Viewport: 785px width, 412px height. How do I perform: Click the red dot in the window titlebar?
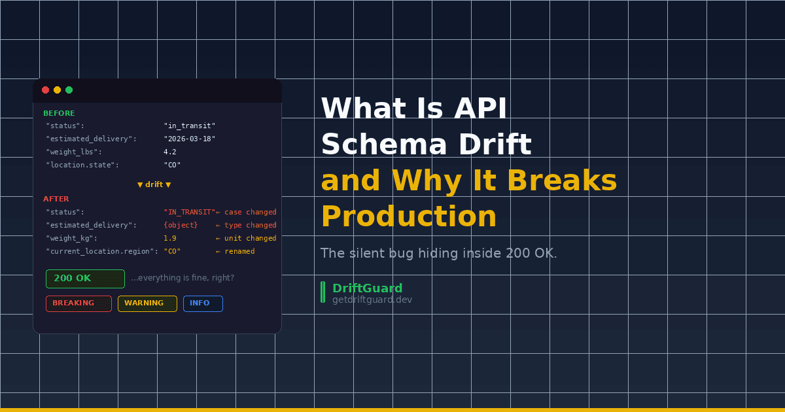[45, 90]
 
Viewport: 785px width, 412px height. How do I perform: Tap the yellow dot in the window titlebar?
[57, 90]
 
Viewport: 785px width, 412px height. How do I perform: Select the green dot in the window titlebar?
[69, 90]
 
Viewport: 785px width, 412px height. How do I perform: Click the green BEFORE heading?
[59, 113]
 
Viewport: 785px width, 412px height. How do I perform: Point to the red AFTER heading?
[56, 199]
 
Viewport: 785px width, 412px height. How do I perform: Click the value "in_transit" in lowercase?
[189, 126]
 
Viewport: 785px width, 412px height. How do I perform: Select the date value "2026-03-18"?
[189, 139]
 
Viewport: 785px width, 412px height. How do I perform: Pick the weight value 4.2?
[170, 152]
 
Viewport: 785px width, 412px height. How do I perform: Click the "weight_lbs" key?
[73, 152]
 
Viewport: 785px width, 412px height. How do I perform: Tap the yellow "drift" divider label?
[154, 184]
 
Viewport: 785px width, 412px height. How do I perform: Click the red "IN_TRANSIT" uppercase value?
[189, 212]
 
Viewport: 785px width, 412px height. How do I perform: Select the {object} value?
[181, 225]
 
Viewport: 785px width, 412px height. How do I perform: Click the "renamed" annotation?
[239, 251]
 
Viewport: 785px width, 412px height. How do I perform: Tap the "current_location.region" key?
[101, 251]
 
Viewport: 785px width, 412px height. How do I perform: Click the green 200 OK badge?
[85, 279]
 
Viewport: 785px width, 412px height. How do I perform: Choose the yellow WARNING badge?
[147, 303]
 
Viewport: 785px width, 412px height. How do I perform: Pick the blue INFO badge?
[203, 303]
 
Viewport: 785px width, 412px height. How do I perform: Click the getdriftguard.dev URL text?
[372, 300]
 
